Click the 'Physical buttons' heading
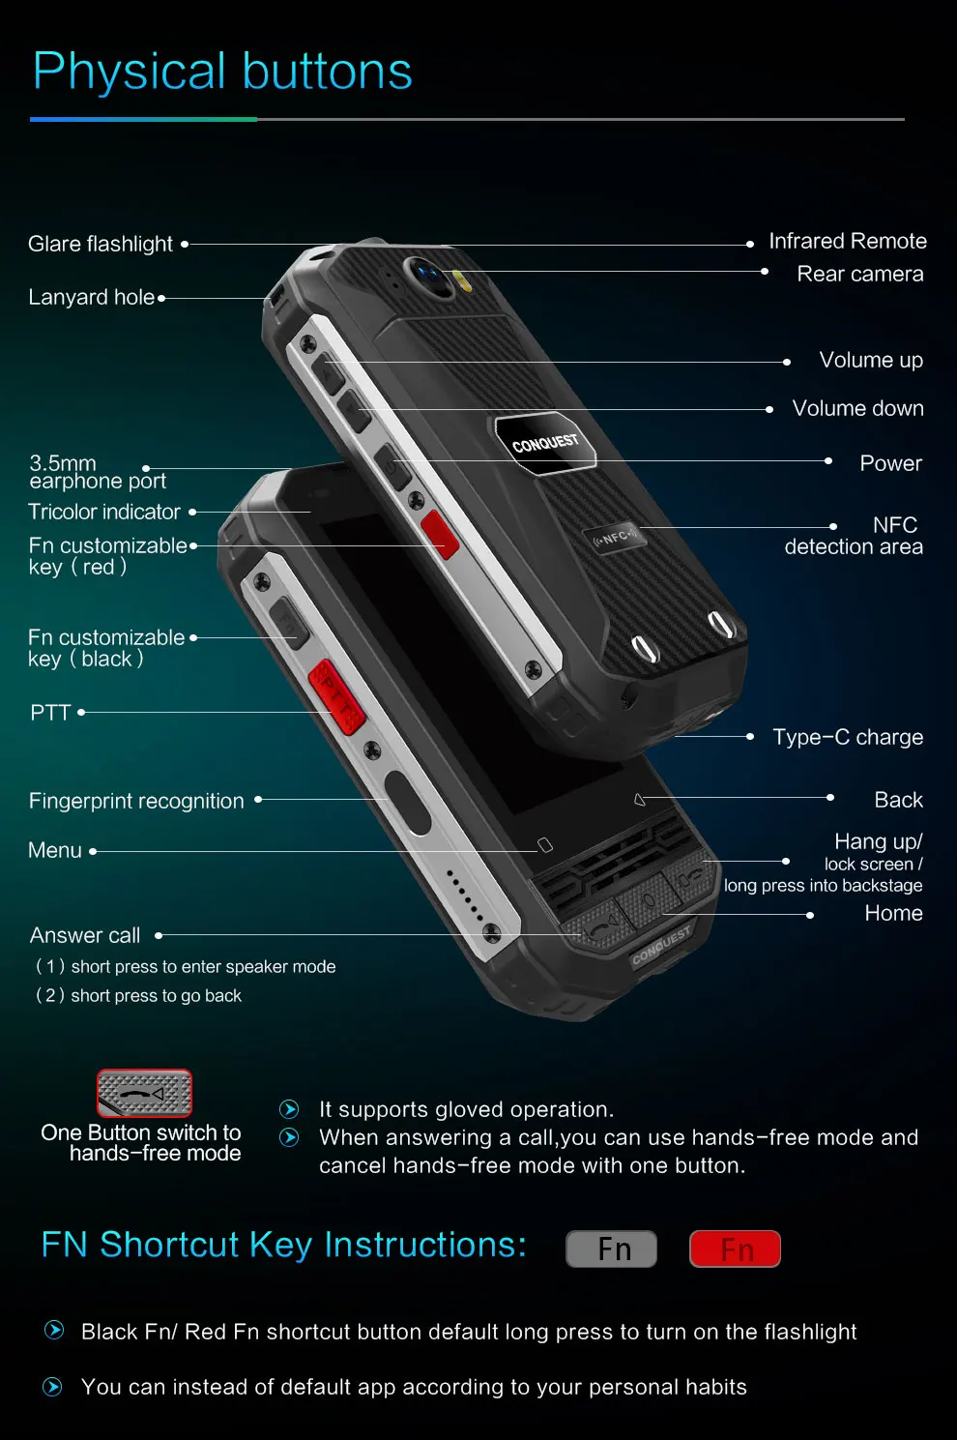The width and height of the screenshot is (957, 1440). [x=222, y=72]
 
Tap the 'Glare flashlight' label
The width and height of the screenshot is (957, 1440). [x=101, y=244]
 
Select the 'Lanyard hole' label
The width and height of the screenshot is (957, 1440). [x=92, y=297]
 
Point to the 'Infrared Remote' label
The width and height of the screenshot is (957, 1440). [x=847, y=241]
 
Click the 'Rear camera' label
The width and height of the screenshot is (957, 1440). [x=859, y=274]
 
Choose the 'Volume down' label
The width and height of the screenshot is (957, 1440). [x=857, y=408]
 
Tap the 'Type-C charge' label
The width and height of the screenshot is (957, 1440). [x=848, y=737]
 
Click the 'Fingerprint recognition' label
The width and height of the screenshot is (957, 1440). [x=136, y=801]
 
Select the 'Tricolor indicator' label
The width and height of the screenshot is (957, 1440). [x=104, y=512]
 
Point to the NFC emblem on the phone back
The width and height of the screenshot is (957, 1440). [x=615, y=538]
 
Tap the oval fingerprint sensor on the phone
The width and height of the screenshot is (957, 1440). [x=407, y=802]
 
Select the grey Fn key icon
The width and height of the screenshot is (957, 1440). [x=611, y=1249]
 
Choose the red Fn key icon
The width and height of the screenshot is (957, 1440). [x=735, y=1249]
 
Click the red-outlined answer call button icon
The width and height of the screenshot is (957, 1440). [x=144, y=1094]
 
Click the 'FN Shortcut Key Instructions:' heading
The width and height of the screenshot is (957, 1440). [x=284, y=1245]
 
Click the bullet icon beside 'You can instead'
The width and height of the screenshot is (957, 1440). [x=53, y=1387]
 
